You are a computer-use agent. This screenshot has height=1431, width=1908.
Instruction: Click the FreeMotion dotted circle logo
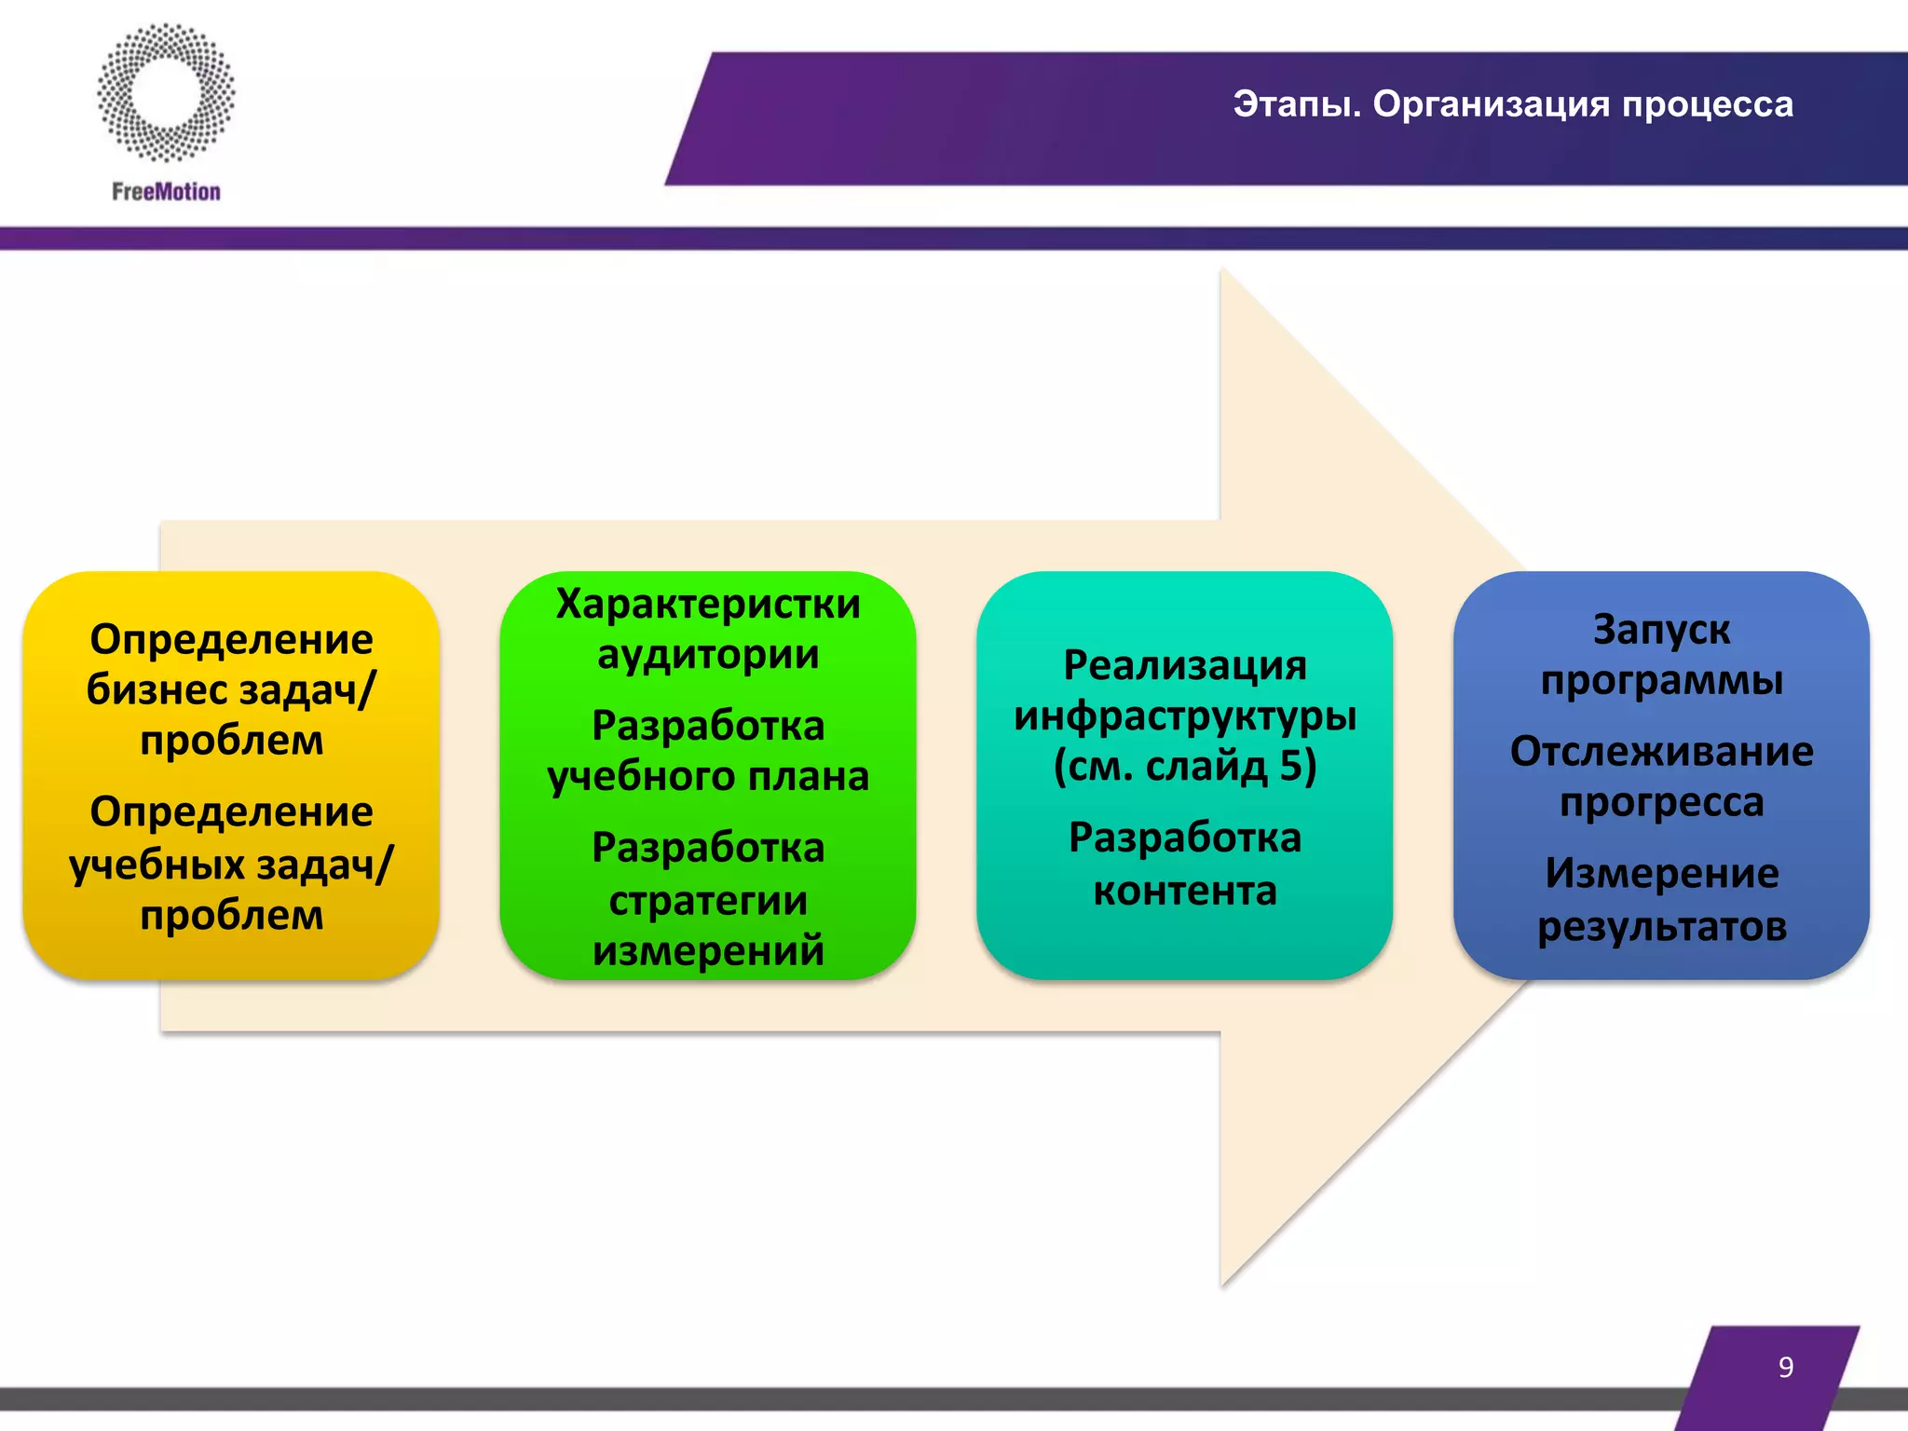point(166,93)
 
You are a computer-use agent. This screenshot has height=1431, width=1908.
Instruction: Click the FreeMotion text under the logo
point(166,192)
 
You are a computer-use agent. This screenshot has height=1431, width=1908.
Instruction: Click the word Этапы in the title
point(1296,104)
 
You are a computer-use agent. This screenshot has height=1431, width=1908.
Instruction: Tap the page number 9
point(1785,1367)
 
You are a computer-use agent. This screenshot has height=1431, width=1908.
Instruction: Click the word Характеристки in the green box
point(708,604)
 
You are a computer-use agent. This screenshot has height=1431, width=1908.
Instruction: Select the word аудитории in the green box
point(708,654)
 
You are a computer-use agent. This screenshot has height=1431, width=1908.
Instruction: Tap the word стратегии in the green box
point(708,900)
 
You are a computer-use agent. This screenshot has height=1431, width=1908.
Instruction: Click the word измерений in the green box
point(708,950)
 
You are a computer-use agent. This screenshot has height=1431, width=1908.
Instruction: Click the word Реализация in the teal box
point(1185,665)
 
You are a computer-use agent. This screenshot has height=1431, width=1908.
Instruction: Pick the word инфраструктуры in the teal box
point(1185,715)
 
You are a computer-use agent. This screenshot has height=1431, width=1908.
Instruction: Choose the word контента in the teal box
point(1185,891)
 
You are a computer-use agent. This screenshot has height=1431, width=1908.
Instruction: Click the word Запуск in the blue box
point(1661,630)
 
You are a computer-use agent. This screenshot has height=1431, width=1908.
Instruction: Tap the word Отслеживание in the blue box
point(1661,751)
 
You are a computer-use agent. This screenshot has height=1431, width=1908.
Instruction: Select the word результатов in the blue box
point(1661,926)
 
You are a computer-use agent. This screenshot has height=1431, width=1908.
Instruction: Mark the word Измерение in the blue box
point(1661,874)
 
